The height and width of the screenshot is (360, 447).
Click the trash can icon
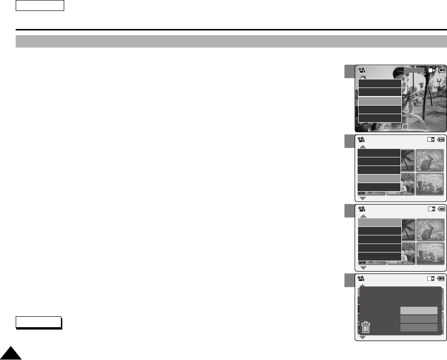[x=366, y=328]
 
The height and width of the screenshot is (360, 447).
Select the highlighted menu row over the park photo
[x=379, y=101]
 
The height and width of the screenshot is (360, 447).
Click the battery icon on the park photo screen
[x=442, y=70]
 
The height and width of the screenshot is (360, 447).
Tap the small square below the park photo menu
[x=405, y=126]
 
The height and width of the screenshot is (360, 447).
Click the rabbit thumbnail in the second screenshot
[x=429, y=161]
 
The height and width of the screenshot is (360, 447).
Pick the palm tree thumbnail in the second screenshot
[x=408, y=161]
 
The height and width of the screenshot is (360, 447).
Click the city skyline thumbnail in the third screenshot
[x=429, y=253]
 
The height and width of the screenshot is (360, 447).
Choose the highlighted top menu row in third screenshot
[x=379, y=222]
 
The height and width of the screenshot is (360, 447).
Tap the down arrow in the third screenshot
[x=362, y=268]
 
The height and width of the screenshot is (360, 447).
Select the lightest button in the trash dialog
[x=418, y=310]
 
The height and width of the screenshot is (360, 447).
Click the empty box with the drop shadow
[x=38, y=322]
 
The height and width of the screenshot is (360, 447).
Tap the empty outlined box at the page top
[x=40, y=6]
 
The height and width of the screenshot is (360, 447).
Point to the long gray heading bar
[x=231, y=41]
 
